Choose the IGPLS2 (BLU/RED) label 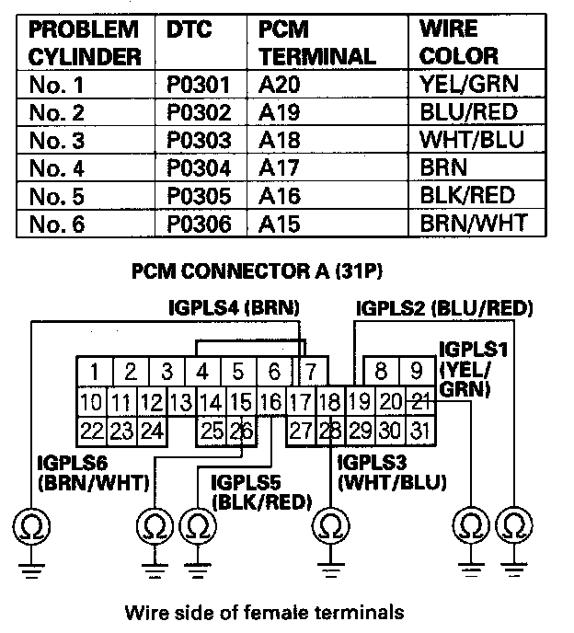[443, 307]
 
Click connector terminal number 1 [94, 373]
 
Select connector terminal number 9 [416, 373]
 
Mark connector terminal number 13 [181, 401]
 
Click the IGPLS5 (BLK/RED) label [260, 490]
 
